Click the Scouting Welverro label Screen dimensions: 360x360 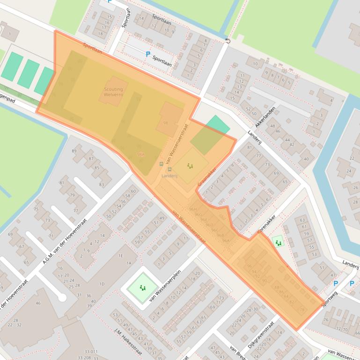click(113, 92)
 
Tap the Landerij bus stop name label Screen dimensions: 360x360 click(169, 176)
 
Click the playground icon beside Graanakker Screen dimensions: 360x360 click(190, 166)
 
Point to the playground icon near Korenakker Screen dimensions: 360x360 click(279, 243)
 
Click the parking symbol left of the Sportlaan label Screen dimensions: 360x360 click(148, 54)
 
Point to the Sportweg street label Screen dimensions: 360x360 click(329, 299)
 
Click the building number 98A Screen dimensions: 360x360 click(141, 154)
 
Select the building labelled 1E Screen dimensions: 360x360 click(121, 256)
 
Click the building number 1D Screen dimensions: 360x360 click(102, 284)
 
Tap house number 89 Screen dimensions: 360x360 click(74, 151)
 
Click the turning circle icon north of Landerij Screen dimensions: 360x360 click(228, 41)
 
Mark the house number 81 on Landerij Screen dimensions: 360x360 click(249, 148)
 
